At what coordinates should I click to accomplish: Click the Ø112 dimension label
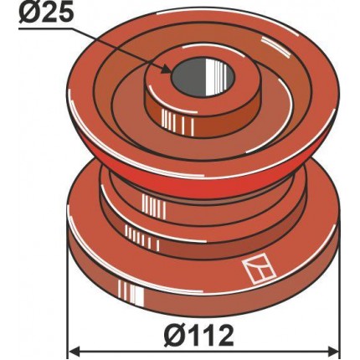[x=198, y=335]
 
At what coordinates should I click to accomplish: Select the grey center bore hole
[x=203, y=77]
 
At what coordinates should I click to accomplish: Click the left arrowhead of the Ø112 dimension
[x=75, y=349]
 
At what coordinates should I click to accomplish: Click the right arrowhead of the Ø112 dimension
[x=334, y=349]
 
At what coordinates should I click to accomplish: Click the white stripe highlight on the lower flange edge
[x=131, y=292]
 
